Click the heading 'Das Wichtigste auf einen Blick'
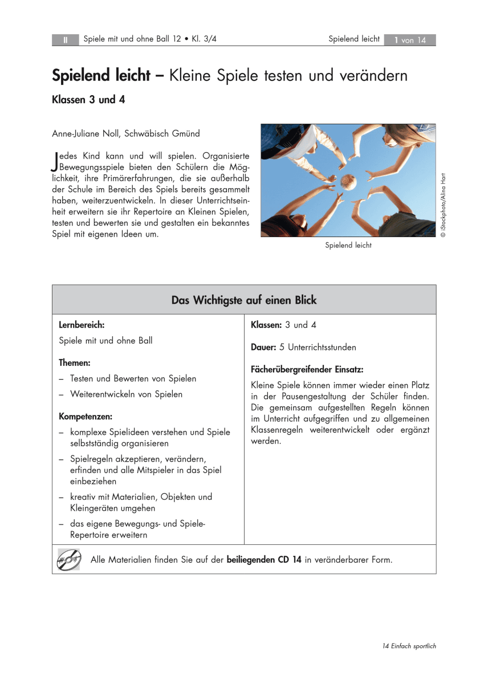point(244,300)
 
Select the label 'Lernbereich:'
point(82,325)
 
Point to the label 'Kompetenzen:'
point(86,417)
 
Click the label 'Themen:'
point(75,363)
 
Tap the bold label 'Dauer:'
point(263,347)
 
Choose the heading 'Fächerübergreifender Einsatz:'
point(307,369)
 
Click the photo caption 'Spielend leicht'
point(348,246)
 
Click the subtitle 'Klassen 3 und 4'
point(88,99)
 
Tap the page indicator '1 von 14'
point(410,40)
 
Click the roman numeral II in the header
point(66,40)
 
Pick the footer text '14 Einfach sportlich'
point(409,646)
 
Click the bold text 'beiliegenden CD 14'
point(264,560)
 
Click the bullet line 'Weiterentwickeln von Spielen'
point(126,394)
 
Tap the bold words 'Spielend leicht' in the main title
point(101,75)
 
